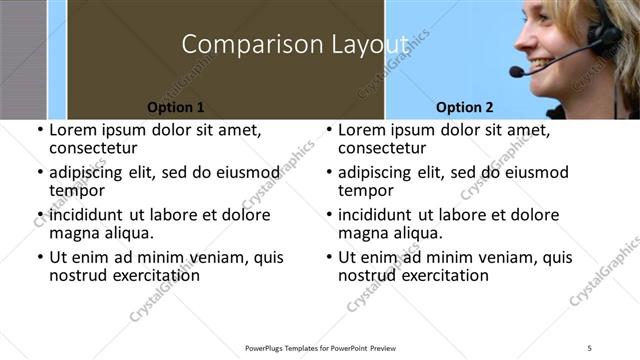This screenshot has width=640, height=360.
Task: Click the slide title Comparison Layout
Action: click(x=296, y=44)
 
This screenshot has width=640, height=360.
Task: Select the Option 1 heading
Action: click(x=176, y=107)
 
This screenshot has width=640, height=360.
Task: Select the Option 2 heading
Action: click(x=465, y=107)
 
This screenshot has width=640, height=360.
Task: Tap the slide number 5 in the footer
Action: click(x=590, y=347)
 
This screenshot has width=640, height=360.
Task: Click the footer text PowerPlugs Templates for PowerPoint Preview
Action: click(x=321, y=347)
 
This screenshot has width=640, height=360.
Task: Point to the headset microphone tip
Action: click(x=516, y=72)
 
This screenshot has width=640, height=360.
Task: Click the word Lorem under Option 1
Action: click(x=73, y=130)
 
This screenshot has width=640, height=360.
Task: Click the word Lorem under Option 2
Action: click(x=362, y=130)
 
